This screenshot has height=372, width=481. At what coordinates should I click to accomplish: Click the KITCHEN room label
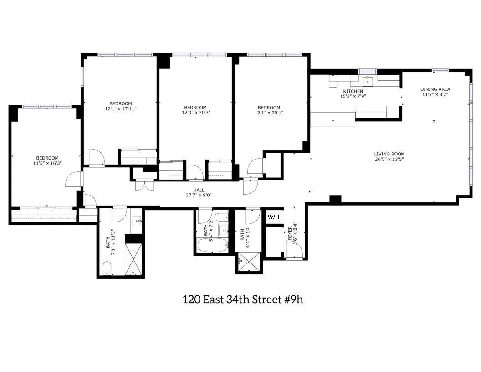point(353,91)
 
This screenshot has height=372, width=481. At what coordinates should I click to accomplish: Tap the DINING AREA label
point(435,89)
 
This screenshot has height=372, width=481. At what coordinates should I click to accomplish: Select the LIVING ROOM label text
point(389,154)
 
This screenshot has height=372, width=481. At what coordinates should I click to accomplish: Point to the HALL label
point(199,190)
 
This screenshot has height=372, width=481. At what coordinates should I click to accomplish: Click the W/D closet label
point(273,217)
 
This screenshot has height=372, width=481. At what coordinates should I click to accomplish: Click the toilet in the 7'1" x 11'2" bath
point(107,268)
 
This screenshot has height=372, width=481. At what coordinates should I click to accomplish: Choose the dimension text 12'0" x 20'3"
point(195,113)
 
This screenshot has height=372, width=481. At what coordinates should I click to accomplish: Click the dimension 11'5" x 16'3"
point(47,163)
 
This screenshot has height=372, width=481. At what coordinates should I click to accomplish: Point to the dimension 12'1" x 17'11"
point(120,108)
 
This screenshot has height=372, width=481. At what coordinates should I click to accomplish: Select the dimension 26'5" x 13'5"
point(389,159)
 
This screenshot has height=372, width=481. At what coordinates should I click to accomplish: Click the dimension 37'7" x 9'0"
point(199,195)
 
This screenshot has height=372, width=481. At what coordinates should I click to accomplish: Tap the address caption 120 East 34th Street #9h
point(246,300)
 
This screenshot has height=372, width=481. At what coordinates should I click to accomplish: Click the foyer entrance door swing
point(293,250)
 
